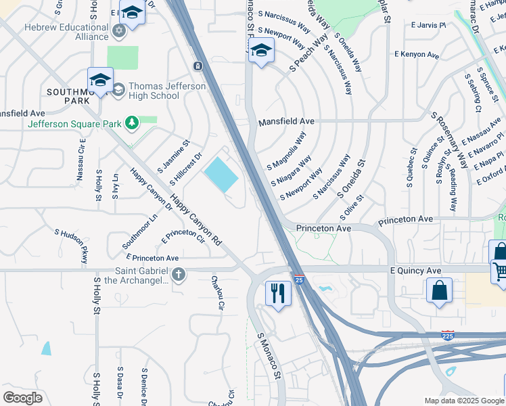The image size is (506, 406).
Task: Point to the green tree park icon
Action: (x=133, y=122)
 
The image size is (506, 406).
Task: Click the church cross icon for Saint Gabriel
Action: (x=179, y=274)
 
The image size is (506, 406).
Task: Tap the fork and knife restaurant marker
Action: (x=278, y=293)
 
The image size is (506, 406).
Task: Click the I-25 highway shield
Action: (x=298, y=279)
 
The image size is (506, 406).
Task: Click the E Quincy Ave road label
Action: (x=415, y=271)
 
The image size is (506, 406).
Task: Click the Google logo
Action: (x=23, y=397)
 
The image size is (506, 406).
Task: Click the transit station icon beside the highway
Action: (x=197, y=66)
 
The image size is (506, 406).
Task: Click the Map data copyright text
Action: (x=463, y=401)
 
